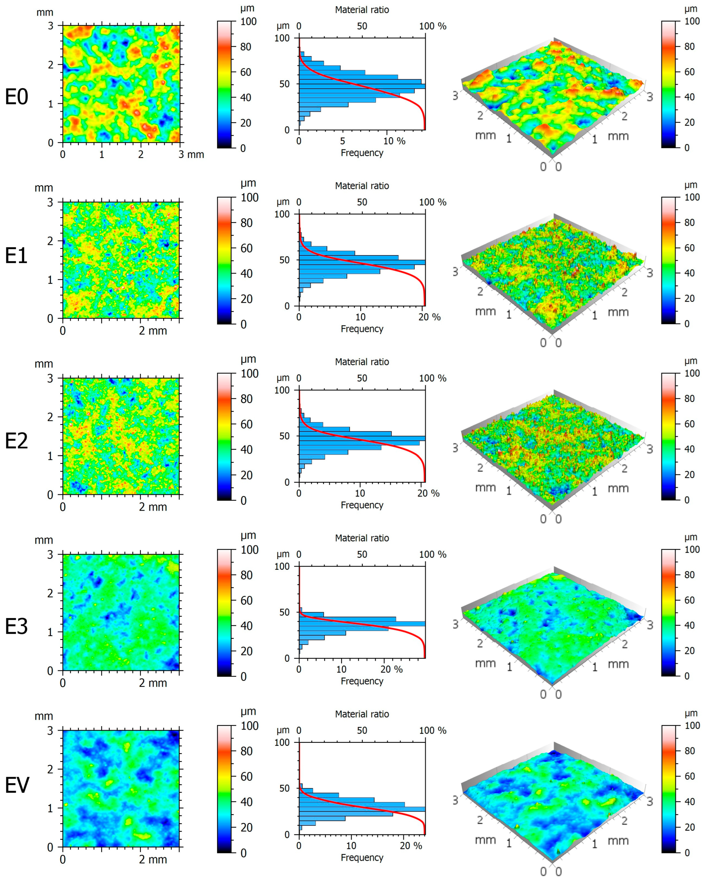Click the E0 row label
click(16, 97)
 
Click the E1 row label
click(16, 256)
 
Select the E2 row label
click(16, 440)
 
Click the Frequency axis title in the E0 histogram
click(362, 153)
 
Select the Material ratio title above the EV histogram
click(362, 714)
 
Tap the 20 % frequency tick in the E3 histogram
click(391, 669)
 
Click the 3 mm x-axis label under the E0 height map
click(191, 155)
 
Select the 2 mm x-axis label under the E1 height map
click(153, 330)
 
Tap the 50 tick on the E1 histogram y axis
click(284, 260)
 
